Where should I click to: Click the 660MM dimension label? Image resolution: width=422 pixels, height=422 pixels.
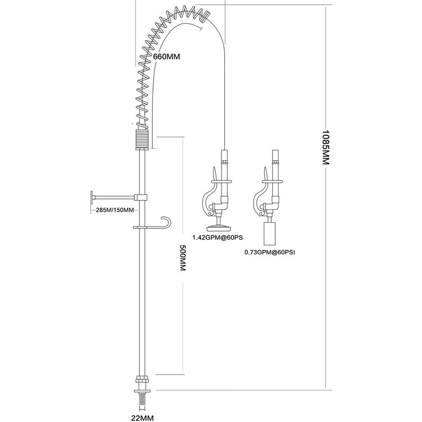[166, 57]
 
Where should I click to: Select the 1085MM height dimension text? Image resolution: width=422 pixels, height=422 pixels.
[326, 148]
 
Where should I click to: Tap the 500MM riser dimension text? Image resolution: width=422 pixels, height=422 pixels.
[183, 258]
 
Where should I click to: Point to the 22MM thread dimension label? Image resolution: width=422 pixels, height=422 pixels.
[142, 418]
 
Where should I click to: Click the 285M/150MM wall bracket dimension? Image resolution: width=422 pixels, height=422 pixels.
[115, 210]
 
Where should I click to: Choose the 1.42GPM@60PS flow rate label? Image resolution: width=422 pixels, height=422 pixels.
[217, 237]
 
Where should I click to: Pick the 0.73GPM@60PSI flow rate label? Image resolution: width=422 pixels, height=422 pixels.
[270, 253]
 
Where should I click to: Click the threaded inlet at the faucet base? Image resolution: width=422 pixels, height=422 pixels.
[142, 401]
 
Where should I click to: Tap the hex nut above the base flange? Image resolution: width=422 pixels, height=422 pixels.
[142, 379]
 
